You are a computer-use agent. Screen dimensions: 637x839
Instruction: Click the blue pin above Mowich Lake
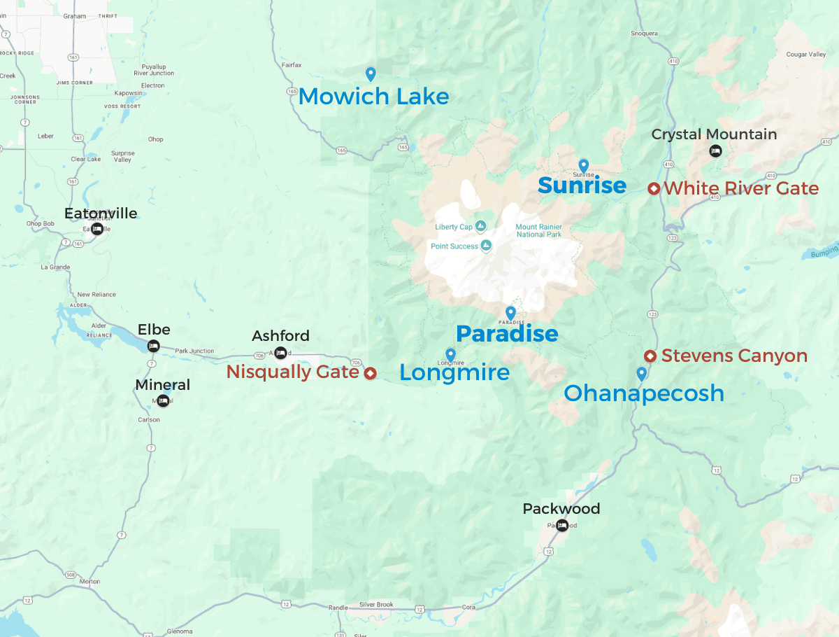[371, 73]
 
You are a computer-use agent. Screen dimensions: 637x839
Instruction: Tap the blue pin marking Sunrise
[584, 164]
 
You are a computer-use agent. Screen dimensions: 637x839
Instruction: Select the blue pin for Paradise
[510, 312]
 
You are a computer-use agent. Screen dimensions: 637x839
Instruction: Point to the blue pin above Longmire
[450, 354]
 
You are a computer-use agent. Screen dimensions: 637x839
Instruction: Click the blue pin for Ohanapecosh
[641, 373]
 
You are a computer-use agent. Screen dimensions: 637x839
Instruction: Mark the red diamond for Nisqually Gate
[370, 373]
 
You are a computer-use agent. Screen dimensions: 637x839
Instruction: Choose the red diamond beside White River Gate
[654, 188]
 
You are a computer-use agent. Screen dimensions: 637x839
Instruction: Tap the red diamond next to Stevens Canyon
[650, 356]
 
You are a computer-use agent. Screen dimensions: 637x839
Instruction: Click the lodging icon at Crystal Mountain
[715, 150]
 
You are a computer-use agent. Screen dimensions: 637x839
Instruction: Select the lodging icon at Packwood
[562, 526]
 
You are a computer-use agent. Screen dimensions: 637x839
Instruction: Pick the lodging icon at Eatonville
[97, 229]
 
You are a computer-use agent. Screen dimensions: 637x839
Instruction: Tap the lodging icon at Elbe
[153, 346]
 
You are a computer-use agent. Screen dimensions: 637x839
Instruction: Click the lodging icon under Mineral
[163, 400]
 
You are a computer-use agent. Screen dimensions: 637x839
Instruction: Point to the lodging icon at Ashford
[280, 352]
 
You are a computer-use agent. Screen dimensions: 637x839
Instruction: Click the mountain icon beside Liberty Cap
[480, 226]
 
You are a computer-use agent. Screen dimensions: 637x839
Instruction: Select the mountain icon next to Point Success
[486, 246]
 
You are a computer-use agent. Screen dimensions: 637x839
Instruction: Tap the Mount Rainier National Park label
[538, 230]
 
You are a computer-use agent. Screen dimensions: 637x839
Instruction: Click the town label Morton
[89, 582]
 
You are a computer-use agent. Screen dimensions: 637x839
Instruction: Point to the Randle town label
[337, 608]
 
